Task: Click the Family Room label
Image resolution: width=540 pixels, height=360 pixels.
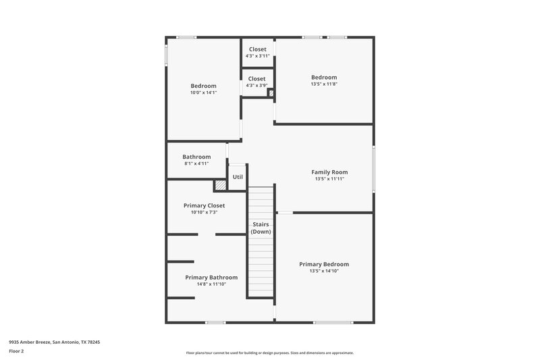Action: click(x=329, y=172)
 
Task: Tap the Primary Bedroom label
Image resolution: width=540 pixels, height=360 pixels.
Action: click(x=324, y=264)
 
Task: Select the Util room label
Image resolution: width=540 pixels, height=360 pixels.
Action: click(x=238, y=177)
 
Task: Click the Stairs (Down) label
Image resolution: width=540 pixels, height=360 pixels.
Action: click(x=261, y=228)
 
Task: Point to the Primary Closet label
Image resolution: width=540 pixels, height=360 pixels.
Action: click(x=204, y=205)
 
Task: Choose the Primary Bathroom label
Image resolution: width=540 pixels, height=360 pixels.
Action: click(x=211, y=277)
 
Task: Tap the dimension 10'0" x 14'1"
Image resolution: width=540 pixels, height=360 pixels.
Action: click(x=203, y=93)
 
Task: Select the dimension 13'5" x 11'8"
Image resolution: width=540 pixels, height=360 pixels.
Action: click(x=324, y=84)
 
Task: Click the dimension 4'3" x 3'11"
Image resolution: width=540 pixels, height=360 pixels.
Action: click(x=257, y=56)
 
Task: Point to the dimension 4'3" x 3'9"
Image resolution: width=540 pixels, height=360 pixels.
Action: click(x=257, y=85)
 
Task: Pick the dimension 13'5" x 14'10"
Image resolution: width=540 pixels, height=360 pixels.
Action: click(x=324, y=271)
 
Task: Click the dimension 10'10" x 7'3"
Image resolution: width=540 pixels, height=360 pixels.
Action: click(x=204, y=212)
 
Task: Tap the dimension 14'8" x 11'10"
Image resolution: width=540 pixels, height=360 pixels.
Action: click(x=211, y=284)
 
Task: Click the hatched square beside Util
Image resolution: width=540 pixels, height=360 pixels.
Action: click(x=220, y=185)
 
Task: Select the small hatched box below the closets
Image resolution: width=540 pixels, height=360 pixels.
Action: click(x=271, y=94)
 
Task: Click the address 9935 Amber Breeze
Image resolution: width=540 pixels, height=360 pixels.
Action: click(x=54, y=342)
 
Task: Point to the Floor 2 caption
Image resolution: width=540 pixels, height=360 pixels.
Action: click(x=16, y=351)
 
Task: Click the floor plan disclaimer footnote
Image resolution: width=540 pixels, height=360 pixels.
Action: click(x=269, y=353)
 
